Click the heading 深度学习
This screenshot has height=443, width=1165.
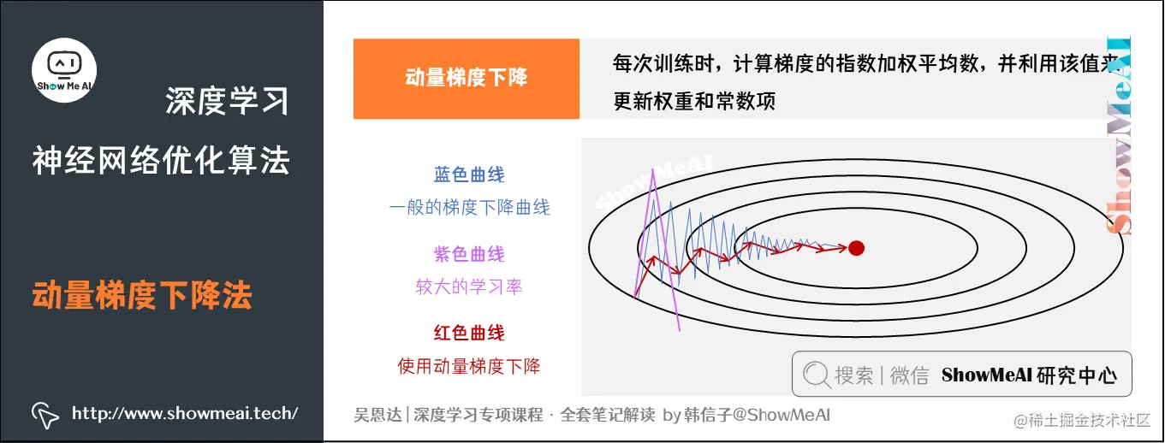[x=227, y=102]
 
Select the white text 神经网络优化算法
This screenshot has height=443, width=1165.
[x=161, y=160]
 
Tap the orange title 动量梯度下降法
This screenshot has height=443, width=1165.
[x=142, y=296]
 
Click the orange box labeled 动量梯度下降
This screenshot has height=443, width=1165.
[x=466, y=79]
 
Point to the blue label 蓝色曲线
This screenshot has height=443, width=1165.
[x=469, y=175]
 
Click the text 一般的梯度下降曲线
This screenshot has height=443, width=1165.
[x=469, y=207]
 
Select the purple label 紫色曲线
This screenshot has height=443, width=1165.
[x=469, y=254]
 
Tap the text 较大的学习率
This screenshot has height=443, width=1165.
[x=469, y=286]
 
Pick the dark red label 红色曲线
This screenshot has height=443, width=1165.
[x=469, y=334]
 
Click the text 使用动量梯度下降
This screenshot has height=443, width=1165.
[x=469, y=366]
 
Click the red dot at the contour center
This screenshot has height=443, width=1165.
[x=855, y=248]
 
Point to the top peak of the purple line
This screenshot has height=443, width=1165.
[x=653, y=171]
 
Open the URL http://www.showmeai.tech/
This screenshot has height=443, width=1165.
[x=185, y=414]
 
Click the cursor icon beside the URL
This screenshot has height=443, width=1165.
[x=45, y=415]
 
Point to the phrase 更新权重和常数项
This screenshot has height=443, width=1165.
[x=694, y=101]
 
